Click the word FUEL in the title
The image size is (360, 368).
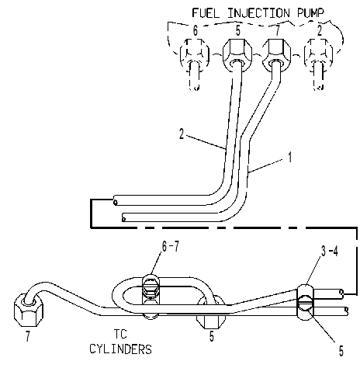pyautogui.click(x=206, y=12)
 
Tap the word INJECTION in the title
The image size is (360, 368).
pyautogui.click(x=258, y=12)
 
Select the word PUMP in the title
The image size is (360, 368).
pyautogui.click(x=310, y=12)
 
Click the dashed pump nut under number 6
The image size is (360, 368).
pyautogui.click(x=195, y=52)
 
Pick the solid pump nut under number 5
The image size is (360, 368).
pyautogui.click(x=237, y=54)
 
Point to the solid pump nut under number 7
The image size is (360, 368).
pyautogui.click(x=276, y=54)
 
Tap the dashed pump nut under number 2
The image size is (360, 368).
pyautogui.click(x=318, y=52)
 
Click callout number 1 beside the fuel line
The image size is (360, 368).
pyautogui.click(x=290, y=158)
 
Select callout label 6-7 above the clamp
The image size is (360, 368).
pyautogui.click(x=170, y=246)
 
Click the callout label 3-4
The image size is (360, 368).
pyautogui.click(x=330, y=251)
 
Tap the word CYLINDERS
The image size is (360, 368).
pyautogui.click(x=120, y=349)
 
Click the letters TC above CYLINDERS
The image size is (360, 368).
pyautogui.click(x=120, y=334)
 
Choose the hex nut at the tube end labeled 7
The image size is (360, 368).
pyautogui.click(x=28, y=311)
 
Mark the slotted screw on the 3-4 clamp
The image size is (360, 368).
pyautogui.click(x=305, y=304)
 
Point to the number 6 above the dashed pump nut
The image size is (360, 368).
pyautogui.click(x=196, y=30)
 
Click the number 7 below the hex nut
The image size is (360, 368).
pyautogui.click(x=28, y=336)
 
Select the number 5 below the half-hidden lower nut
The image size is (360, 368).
pyautogui.click(x=212, y=336)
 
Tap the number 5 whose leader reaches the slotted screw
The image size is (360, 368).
pyautogui.click(x=341, y=351)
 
